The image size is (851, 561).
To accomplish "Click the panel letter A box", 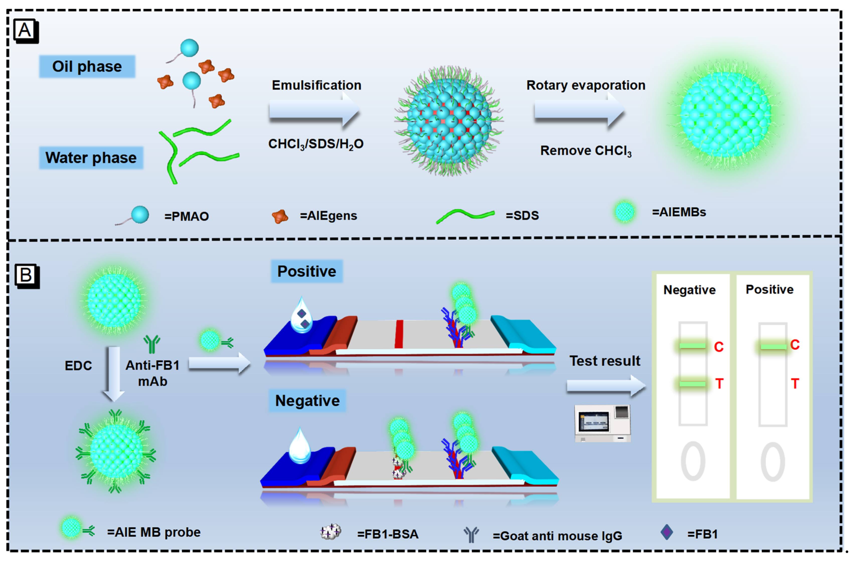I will click(25, 30).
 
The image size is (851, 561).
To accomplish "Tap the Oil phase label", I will click(87, 66).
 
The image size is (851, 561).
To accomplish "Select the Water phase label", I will click(91, 158).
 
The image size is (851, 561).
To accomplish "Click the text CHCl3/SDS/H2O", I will click(316, 144).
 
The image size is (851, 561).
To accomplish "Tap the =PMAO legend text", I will click(186, 216).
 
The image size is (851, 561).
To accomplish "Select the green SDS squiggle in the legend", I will click(465, 215).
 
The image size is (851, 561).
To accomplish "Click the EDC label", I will click(78, 366).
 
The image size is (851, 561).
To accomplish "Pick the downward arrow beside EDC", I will click(114, 374).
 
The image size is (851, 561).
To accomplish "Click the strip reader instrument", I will click(602, 423).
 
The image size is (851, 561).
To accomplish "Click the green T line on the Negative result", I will click(692, 384).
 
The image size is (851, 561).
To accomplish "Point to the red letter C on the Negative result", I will click(719, 347).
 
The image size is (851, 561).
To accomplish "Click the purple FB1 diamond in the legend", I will click(666, 532).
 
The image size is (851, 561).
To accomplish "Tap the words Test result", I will click(604, 361).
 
